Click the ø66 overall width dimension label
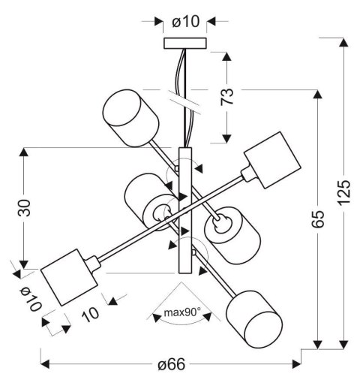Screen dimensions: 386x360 172,366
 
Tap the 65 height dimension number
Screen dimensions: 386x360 318,218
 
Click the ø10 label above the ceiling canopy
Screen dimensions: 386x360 185,21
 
